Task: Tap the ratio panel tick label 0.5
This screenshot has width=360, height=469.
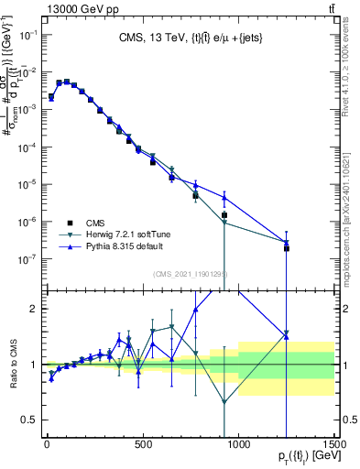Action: click(28, 420)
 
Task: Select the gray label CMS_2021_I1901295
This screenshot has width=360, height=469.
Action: click(191, 274)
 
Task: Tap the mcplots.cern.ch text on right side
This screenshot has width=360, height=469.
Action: click(349, 202)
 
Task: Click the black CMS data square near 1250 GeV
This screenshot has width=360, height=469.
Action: click(286, 248)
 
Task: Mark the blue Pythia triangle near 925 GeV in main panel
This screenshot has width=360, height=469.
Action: click(224, 197)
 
